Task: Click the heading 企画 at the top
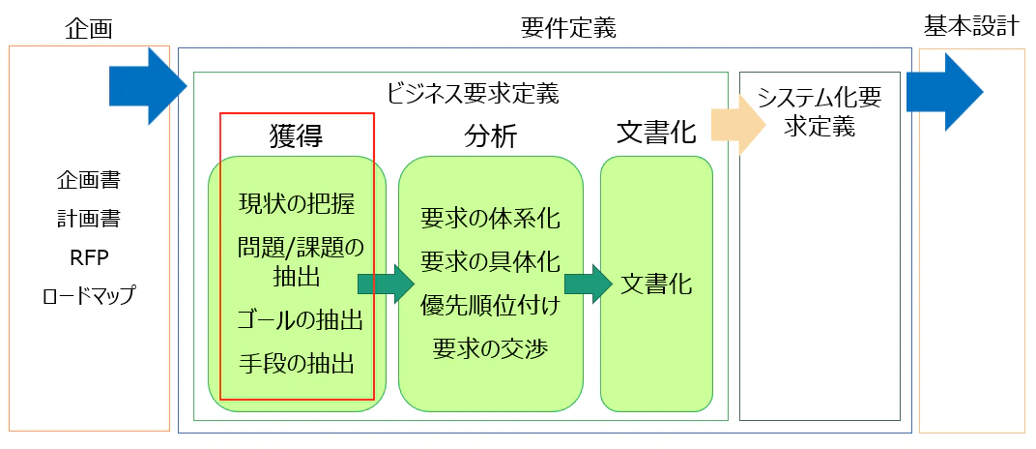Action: click(89, 28)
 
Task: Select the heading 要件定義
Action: click(568, 28)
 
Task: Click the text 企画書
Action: click(89, 180)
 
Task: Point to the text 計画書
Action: click(89, 219)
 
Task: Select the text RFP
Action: click(89, 257)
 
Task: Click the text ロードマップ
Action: click(89, 295)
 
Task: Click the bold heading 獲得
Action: click(296, 136)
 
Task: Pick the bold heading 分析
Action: click(491, 137)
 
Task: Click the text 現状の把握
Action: click(297, 203)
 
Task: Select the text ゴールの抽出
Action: click(301, 322)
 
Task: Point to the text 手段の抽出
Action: click(297, 363)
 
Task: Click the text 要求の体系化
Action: click(490, 219)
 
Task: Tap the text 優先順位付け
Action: click(490, 307)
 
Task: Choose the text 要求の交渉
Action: click(490, 348)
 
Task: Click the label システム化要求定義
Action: click(820, 112)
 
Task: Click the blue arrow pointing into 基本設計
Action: click(945, 91)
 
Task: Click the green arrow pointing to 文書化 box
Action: click(589, 284)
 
